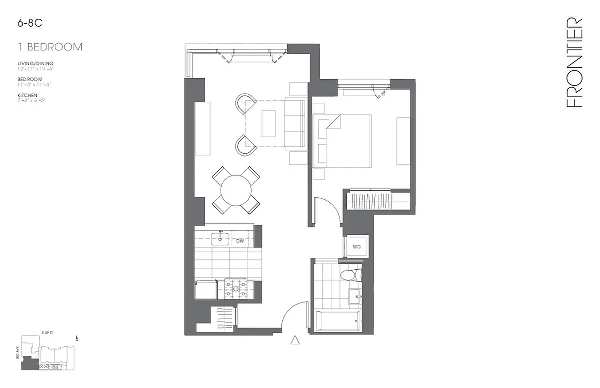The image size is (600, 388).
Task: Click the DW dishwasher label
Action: pyautogui.click(x=240, y=241)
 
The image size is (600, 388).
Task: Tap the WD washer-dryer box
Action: pyautogui.click(x=357, y=247)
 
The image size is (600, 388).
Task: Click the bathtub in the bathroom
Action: pyautogui.click(x=338, y=321)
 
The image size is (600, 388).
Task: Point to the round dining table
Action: pyautogui.click(x=236, y=191)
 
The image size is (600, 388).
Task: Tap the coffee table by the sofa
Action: pyautogui.click(x=268, y=124)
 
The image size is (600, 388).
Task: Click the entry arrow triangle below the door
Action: pyautogui.click(x=295, y=340)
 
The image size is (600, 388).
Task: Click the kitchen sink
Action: pyautogui.click(x=223, y=238)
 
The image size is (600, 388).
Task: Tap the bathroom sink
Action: pyautogui.click(x=357, y=296)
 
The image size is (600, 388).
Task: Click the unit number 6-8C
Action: pyautogui.click(x=27, y=22)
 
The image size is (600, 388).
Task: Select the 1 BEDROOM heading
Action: pyautogui.click(x=49, y=47)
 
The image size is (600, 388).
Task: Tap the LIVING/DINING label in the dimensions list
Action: pyautogui.click(x=35, y=64)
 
